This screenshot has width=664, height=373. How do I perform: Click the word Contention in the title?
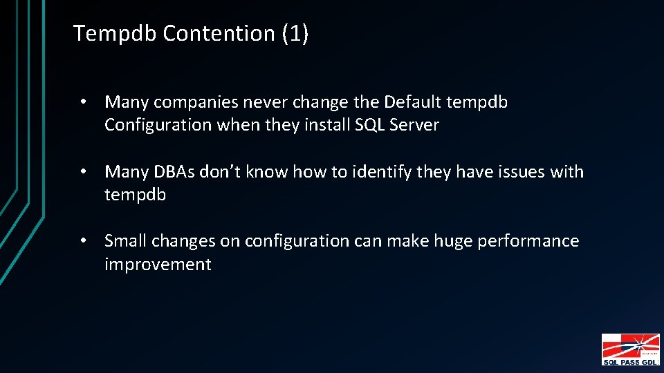(x=219, y=33)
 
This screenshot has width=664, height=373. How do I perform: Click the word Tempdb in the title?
(x=116, y=33)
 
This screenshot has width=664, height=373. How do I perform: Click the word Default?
(x=413, y=103)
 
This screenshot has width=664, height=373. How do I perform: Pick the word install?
(x=330, y=126)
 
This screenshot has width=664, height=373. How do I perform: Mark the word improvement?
(x=158, y=265)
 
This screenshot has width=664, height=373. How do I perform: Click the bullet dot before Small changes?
(x=82, y=241)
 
